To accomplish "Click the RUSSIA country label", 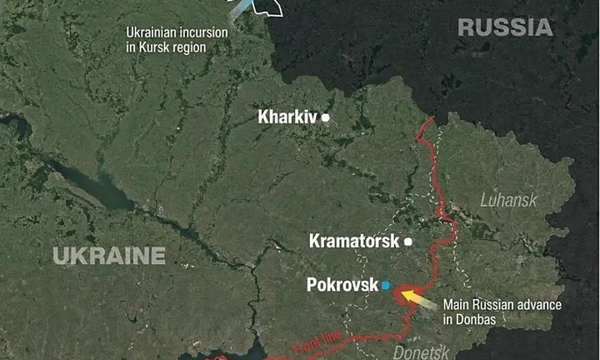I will point(505,27).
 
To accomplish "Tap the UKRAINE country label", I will point(110,256).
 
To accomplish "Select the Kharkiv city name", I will point(287,117).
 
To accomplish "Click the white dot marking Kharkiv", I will point(326,117).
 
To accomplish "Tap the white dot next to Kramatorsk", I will point(408,242).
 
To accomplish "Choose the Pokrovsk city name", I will point(342,285).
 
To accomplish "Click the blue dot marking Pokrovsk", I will point(385,285).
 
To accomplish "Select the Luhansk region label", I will point(509,201).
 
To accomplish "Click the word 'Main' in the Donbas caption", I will point(457,304).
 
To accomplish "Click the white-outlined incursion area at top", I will point(266,7).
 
